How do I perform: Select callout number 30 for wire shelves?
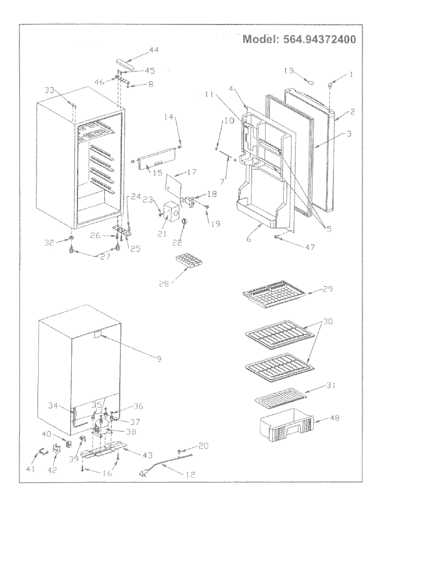[328, 322]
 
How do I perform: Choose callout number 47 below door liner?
[310, 247]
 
